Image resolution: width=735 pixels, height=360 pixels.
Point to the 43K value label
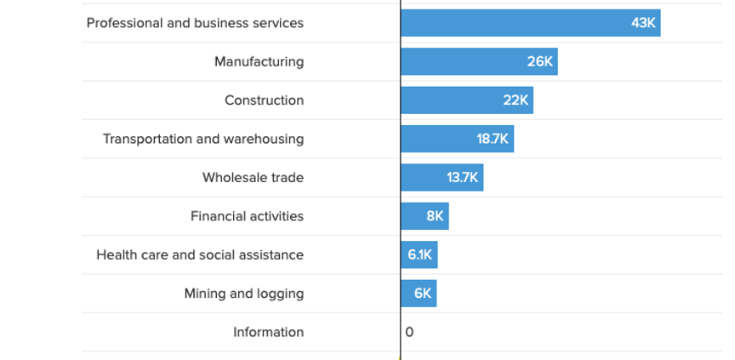coord(643,23)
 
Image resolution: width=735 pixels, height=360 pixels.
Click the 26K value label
coord(539,61)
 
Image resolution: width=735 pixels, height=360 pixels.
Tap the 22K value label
coord(516,100)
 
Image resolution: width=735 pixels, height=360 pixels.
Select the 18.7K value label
coord(493,139)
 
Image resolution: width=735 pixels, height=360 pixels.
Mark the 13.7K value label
coord(463,178)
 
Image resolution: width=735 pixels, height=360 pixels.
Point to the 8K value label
coord(435,216)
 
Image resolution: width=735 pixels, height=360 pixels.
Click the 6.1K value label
coord(420,254)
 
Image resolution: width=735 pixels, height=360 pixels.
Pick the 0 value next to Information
coord(409,332)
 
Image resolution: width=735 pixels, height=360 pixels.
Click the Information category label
coord(268,332)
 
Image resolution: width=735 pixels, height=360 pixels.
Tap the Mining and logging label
coord(243,294)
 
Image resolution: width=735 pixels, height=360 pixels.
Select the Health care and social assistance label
coord(200,254)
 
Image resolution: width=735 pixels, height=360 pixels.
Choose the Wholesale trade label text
coord(253,178)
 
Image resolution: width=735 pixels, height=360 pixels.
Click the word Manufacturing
coord(259,61)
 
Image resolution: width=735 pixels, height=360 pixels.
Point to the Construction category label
coord(264,100)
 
